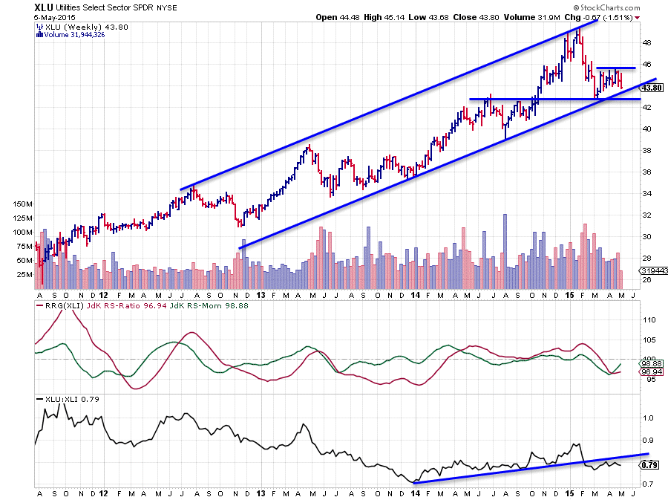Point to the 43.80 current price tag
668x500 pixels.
[649, 87]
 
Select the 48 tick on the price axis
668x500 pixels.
[646, 42]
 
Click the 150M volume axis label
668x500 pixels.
[23, 204]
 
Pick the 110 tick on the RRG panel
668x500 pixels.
[647, 320]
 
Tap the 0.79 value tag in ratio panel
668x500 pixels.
[649, 466]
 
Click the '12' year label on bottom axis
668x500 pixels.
[102, 492]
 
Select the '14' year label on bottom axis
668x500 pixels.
[414, 492]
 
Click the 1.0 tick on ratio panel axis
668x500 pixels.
[646, 418]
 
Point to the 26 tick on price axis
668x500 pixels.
[646, 279]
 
